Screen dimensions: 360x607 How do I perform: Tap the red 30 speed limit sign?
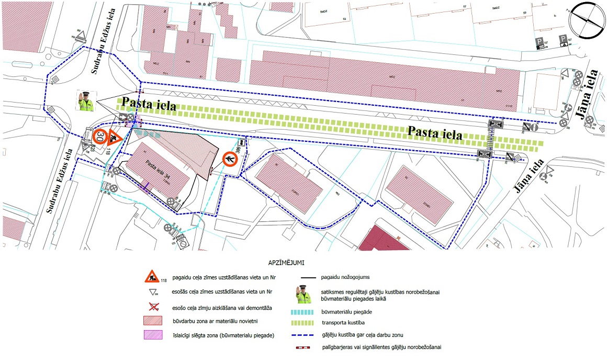(100, 137)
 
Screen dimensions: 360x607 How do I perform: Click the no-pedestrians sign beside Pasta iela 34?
(230, 159)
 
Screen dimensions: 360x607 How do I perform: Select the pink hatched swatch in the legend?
(152, 335)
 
